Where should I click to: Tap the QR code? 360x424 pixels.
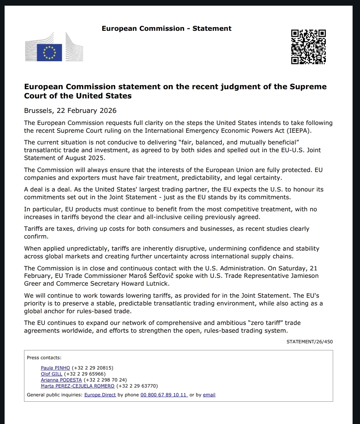point(308,47)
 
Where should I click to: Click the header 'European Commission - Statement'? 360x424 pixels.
point(167,29)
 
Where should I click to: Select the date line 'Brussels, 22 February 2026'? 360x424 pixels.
point(70,111)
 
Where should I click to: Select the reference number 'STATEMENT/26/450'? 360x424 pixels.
point(309,342)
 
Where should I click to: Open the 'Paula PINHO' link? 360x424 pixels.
point(56,368)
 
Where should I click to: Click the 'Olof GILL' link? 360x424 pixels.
point(52,374)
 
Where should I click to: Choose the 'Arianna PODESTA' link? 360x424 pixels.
point(61,380)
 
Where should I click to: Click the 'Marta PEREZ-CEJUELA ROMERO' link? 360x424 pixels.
point(77,386)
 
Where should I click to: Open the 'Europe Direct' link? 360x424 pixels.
point(100,395)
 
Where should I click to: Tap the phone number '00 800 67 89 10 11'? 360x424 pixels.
point(164,395)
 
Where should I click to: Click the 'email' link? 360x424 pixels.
point(209,395)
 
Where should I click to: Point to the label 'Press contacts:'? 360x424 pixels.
point(44,358)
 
